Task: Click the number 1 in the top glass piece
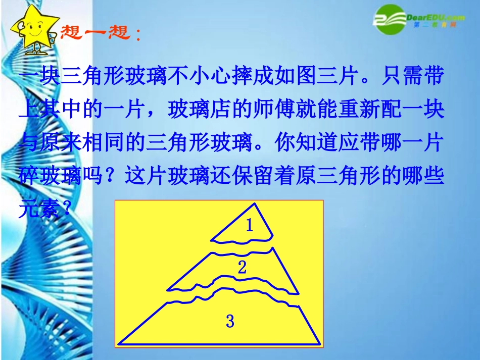(x=249, y=226)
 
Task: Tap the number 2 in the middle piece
(x=242, y=268)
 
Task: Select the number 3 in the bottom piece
(x=230, y=321)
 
